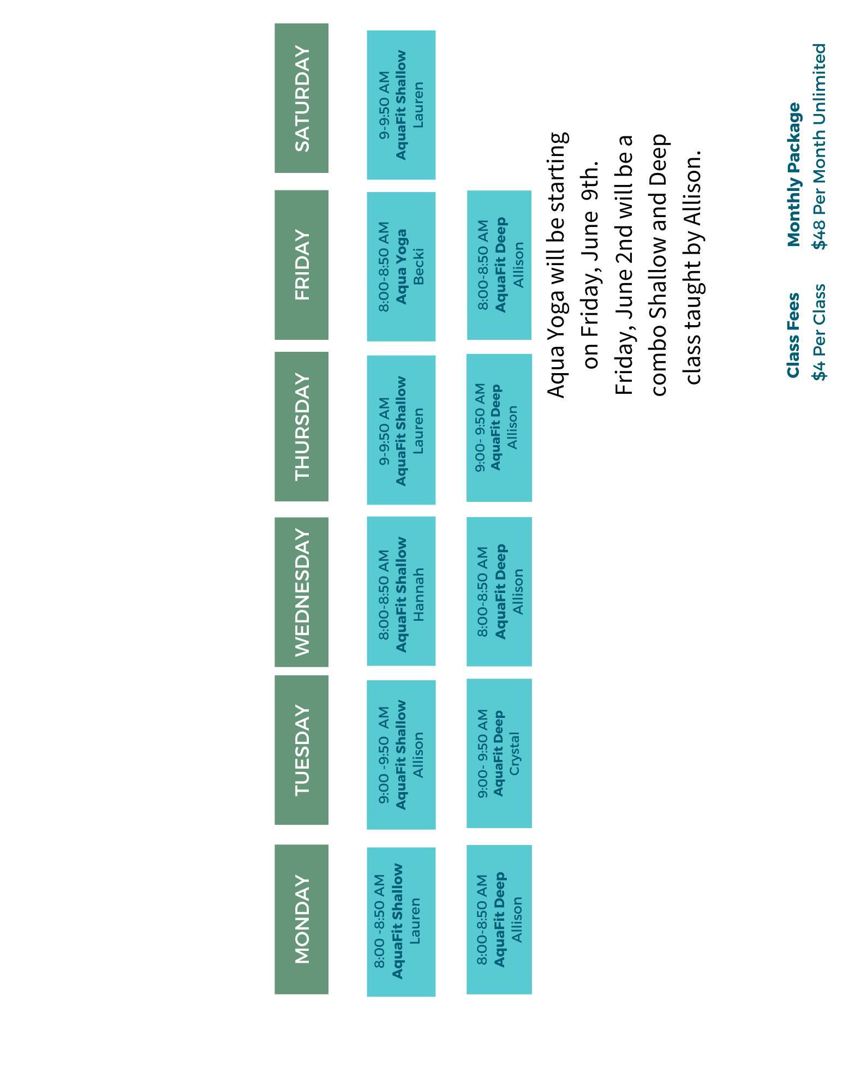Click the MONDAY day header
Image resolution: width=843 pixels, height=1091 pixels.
coord(301,919)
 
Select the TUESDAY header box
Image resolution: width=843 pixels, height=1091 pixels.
coord(301,750)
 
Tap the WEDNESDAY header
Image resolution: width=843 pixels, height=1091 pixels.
coord(301,592)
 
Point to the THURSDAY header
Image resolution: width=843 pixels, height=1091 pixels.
coord(301,427)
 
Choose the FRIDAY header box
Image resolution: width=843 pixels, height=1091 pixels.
coord(301,265)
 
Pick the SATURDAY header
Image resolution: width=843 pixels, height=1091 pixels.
coord(301,98)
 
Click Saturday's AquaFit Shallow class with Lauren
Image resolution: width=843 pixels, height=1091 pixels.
coord(401,105)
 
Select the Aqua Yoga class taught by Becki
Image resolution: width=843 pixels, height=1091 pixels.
coord(401,266)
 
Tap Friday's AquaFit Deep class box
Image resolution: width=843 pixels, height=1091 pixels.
coord(499,265)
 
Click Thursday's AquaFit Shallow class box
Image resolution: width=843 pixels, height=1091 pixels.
coord(401,430)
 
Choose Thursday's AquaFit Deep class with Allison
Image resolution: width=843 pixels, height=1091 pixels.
coord(499,428)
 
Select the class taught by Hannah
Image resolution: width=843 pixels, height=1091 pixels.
coord(401,591)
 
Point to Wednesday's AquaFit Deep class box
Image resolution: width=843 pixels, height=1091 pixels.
coord(499,592)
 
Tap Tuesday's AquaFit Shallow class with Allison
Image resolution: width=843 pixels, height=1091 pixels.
coord(401,754)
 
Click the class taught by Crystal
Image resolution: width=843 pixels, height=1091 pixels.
coord(499,753)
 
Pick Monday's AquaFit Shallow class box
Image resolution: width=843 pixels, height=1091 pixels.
coord(401,922)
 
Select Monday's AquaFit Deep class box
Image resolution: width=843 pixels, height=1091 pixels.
coord(499,920)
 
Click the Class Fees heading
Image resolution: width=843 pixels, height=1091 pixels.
coord(793,335)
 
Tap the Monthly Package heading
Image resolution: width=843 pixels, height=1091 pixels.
coord(793,175)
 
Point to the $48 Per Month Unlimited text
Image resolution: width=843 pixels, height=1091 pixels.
coord(818,146)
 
